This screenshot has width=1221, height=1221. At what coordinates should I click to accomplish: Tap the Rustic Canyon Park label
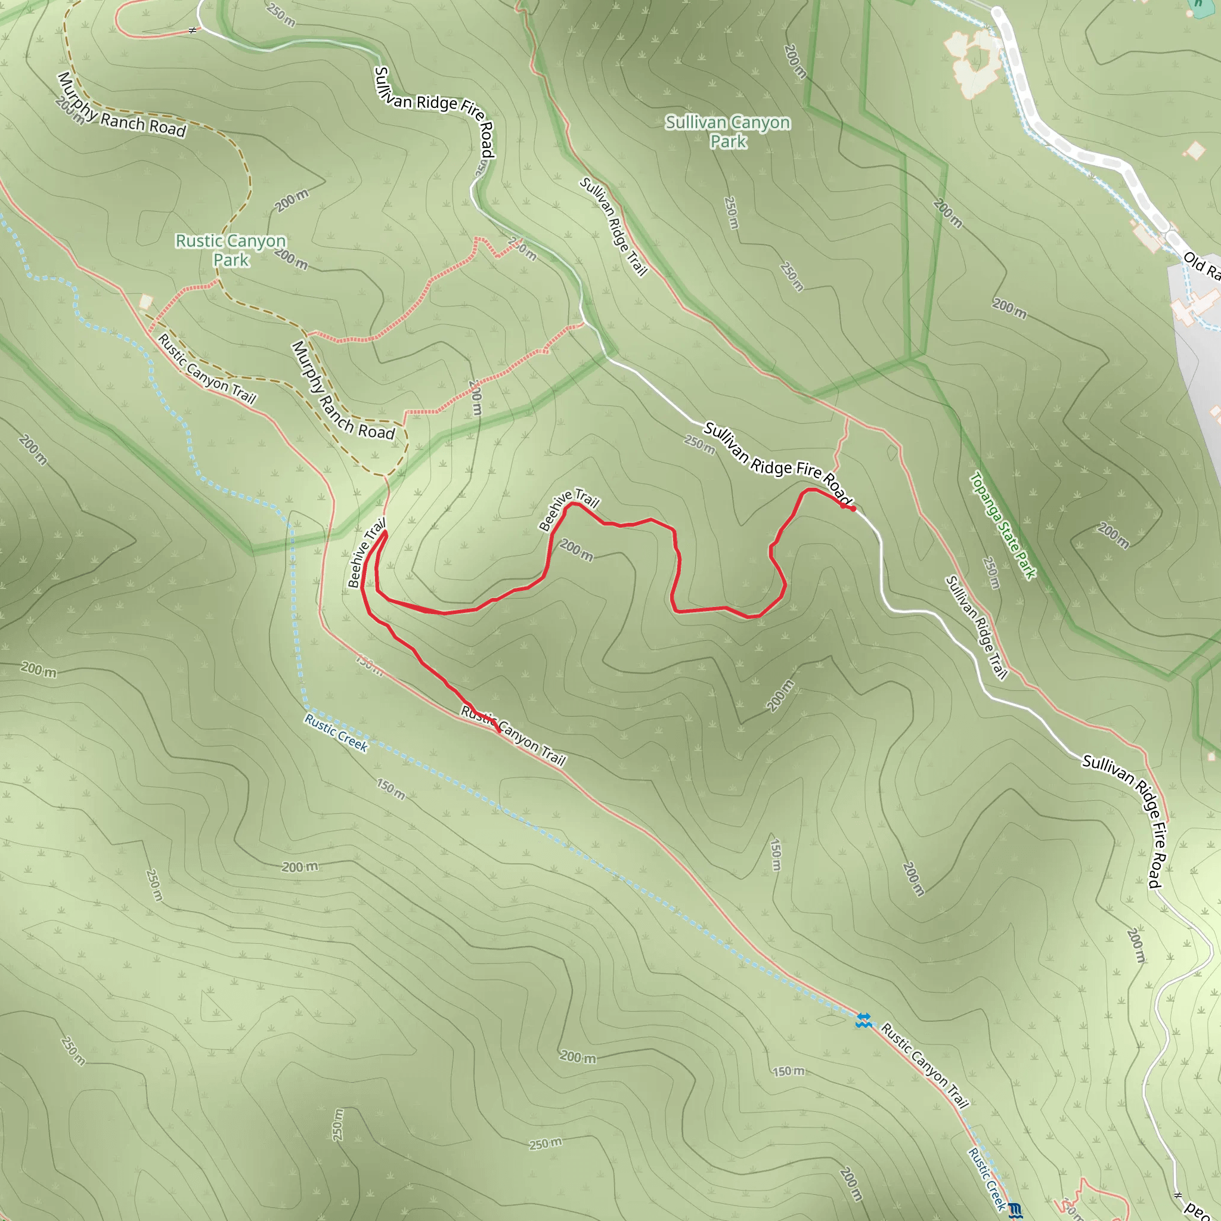tap(231, 250)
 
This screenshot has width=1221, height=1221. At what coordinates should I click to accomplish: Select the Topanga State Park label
tap(1003, 526)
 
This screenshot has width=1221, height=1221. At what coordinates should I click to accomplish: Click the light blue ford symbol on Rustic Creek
tap(863, 1020)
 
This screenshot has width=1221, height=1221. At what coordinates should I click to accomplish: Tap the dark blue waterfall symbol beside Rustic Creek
tap(1014, 1210)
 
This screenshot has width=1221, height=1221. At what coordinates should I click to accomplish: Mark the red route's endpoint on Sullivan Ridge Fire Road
tap(853, 509)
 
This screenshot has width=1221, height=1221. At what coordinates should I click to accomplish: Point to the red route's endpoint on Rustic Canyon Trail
tap(499, 731)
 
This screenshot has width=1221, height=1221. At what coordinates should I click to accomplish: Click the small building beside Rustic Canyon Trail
tap(146, 302)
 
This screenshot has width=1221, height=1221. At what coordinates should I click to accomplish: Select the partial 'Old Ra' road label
tap(1201, 265)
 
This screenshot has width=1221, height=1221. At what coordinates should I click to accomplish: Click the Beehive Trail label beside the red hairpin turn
tap(366, 553)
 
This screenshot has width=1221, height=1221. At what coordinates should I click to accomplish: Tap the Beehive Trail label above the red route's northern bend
tap(569, 509)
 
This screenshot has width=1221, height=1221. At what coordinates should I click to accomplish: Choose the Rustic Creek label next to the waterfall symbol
tap(987, 1179)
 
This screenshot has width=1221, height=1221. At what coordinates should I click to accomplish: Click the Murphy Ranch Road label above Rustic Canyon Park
tap(122, 106)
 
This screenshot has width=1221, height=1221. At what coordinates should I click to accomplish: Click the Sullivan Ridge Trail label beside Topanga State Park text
tap(977, 627)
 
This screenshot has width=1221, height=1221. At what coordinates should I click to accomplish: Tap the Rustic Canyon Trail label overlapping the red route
tap(513, 736)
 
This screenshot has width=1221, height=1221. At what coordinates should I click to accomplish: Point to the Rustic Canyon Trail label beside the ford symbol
tap(925, 1065)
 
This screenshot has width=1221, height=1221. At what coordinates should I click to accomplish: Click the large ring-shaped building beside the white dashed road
tap(975, 61)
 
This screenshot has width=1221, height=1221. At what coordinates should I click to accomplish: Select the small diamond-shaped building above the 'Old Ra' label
tap(1195, 150)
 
